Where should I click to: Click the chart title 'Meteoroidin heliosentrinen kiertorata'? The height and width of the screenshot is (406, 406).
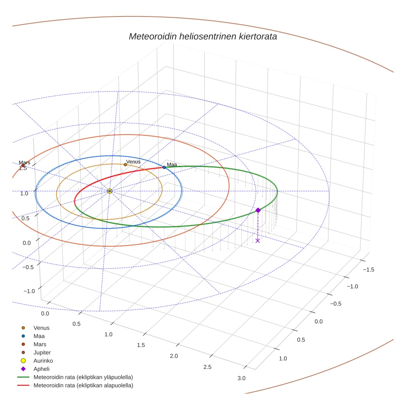tap(203, 36)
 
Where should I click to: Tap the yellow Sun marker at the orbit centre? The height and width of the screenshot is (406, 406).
tap(109, 191)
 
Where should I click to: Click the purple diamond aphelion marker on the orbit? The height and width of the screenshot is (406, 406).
tap(258, 210)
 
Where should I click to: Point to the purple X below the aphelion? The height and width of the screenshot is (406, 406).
tap(258, 241)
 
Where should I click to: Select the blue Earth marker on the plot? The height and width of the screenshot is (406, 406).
tap(164, 167)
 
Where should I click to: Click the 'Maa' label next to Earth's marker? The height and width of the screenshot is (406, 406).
tap(172, 165)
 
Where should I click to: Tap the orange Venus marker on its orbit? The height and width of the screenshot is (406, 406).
tap(125, 165)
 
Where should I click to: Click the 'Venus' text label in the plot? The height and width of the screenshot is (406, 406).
tap(133, 162)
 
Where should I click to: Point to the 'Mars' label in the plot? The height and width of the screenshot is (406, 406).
tap(24, 163)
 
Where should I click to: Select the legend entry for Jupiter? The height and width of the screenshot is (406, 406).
tap(42, 352)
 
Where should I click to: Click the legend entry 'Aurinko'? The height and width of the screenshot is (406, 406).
tap(43, 361)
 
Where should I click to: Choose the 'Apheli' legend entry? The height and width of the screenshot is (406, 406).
tap(41, 369)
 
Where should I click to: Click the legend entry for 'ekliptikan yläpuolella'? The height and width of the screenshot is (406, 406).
tap(83, 377)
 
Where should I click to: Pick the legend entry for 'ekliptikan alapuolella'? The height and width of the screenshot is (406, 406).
tap(83, 385)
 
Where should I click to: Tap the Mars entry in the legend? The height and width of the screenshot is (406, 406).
tap(40, 344)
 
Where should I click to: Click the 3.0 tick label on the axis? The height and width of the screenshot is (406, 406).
tap(241, 378)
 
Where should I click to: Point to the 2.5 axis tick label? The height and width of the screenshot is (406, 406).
tap(207, 367)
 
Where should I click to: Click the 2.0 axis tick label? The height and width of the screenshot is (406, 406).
tap(174, 356)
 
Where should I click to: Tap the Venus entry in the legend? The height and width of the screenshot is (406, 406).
tap(41, 328)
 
